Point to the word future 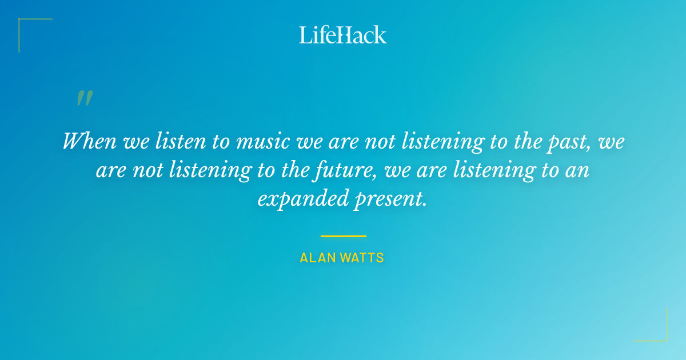tap(348, 170)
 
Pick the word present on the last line tap(385, 199)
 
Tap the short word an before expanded tap(579, 170)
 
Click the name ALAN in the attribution tap(317, 258)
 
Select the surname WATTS tap(362, 258)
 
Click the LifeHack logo tap(343, 35)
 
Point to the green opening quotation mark tap(85, 98)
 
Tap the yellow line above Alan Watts tap(343, 235)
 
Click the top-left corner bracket tap(23, 23)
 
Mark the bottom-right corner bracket tap(663, 337)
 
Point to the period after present tap(425, 205)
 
